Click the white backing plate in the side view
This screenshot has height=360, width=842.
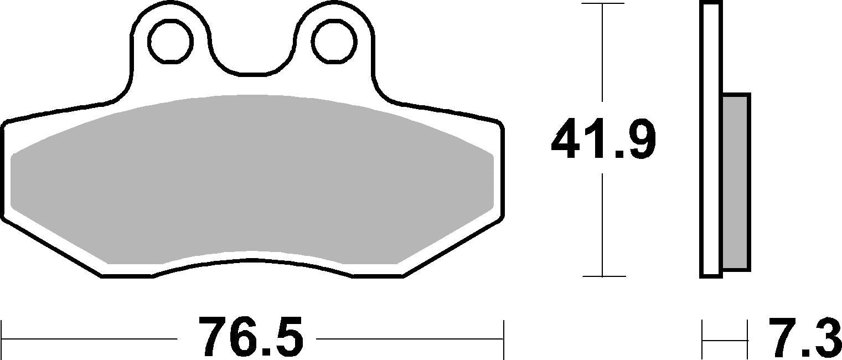[711, 138]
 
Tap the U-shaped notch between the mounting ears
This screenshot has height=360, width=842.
[252, 55]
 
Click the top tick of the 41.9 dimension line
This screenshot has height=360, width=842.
[602, 4]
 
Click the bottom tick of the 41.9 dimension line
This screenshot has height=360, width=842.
[602, 276]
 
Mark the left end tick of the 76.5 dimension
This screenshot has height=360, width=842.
[2, 338]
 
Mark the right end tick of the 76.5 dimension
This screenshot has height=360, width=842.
[503, 338]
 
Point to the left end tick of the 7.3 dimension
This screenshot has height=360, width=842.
[702, 339]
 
